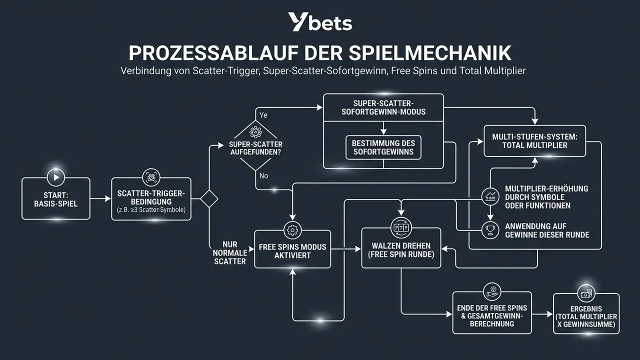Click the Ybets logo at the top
pos(320,21)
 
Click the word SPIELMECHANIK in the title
pos(430,53)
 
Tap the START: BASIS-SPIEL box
pos(56,199)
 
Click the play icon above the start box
pos(56,177)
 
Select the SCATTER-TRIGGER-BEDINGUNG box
pos(151,199)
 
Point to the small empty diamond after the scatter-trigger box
pos(209,199)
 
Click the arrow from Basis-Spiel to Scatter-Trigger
pos(100,198)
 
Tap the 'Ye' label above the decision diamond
pos(263,115)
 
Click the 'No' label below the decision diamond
pos(263,175)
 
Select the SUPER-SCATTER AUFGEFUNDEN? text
pos(255,148)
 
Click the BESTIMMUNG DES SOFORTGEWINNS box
pos(383,147)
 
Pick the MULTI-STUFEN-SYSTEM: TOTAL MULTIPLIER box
pos(534,141)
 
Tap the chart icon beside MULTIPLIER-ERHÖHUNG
pos(490,196)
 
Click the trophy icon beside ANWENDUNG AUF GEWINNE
pos(490,230)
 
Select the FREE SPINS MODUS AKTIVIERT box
pos(292,249)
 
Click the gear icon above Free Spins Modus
pos(292,230)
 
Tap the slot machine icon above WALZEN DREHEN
pos(401,228)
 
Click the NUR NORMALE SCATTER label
pos(230,253)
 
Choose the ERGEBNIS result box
pos(586,313)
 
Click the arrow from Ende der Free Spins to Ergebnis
pos(542,314)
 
